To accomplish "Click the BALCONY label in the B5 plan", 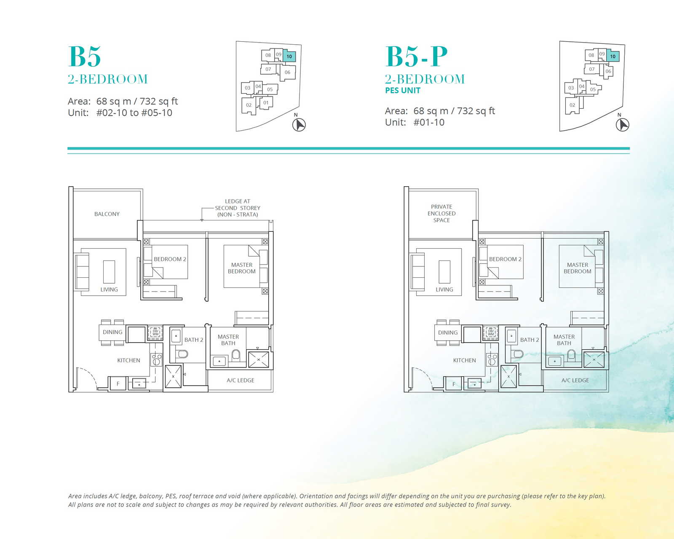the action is (x=107, y=214).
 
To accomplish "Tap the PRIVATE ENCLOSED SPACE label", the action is (x=441, y=213).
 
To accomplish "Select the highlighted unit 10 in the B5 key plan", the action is (x=289, y=56).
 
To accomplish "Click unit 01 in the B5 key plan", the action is (x=266, y=103).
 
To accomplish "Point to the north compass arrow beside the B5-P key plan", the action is (x=622, y=125).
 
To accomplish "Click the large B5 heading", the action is (x=85, y=56).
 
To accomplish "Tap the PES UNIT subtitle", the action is (x=403, y=90).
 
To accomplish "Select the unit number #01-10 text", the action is (x=429, y=122).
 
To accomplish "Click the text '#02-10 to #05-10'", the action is (x=134, y=113).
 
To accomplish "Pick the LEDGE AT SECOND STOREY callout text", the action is (x=238, y=208).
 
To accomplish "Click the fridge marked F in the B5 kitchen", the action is (x=118, y=383).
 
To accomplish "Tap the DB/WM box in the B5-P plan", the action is (x=490, y=333).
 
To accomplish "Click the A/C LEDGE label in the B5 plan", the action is (x=240, y=380).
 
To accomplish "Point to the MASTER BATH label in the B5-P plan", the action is (x=564, y=340).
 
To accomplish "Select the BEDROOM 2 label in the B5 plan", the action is (x=170, y=259).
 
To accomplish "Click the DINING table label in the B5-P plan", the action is (x=447, y=333).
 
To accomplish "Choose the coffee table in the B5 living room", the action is (x=109, y=272).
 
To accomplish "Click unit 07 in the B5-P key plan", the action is (x=591, y=69).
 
